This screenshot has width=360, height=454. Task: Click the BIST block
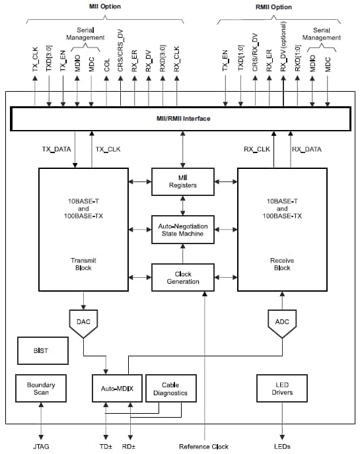(42, 351)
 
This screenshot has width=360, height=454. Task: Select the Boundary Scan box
(41, 388)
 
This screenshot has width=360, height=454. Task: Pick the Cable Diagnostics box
(170, 388)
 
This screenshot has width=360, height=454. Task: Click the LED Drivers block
(283, 388)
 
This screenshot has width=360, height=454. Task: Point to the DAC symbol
(83, 322)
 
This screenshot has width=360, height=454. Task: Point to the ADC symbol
(282, 322)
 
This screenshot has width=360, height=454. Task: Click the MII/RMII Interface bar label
(178, 119)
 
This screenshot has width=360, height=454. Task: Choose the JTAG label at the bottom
(41, 446)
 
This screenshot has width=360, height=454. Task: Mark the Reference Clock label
(203, 446)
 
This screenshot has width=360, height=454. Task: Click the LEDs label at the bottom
(283, 446)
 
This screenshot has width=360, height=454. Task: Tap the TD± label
(105, 446)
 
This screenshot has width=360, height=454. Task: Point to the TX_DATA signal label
(56, 149)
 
